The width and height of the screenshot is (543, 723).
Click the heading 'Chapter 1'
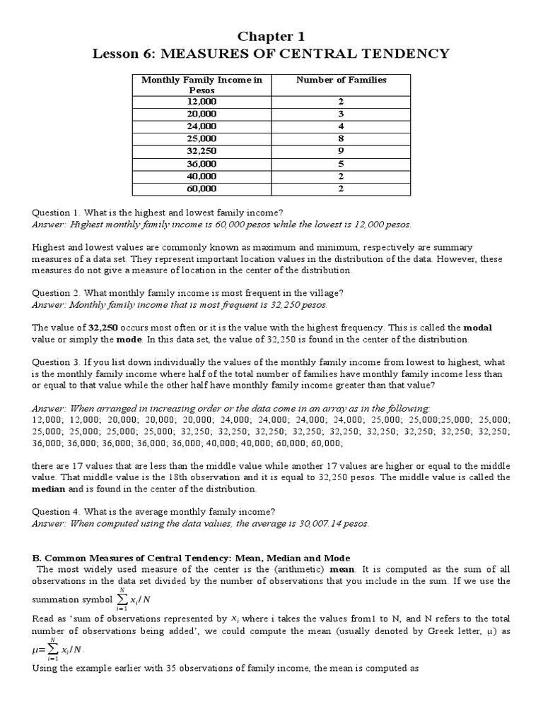271,36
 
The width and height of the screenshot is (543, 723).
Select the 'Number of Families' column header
341,80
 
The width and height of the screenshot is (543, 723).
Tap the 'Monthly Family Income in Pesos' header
202,85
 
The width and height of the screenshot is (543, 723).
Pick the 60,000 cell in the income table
202,189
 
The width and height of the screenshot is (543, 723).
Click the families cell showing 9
341,151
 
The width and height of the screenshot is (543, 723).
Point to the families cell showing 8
341,139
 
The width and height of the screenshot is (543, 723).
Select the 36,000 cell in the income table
202,164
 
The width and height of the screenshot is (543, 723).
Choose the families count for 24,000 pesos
341,126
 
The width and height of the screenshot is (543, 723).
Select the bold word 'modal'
477,328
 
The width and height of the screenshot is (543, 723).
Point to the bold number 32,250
103,328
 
